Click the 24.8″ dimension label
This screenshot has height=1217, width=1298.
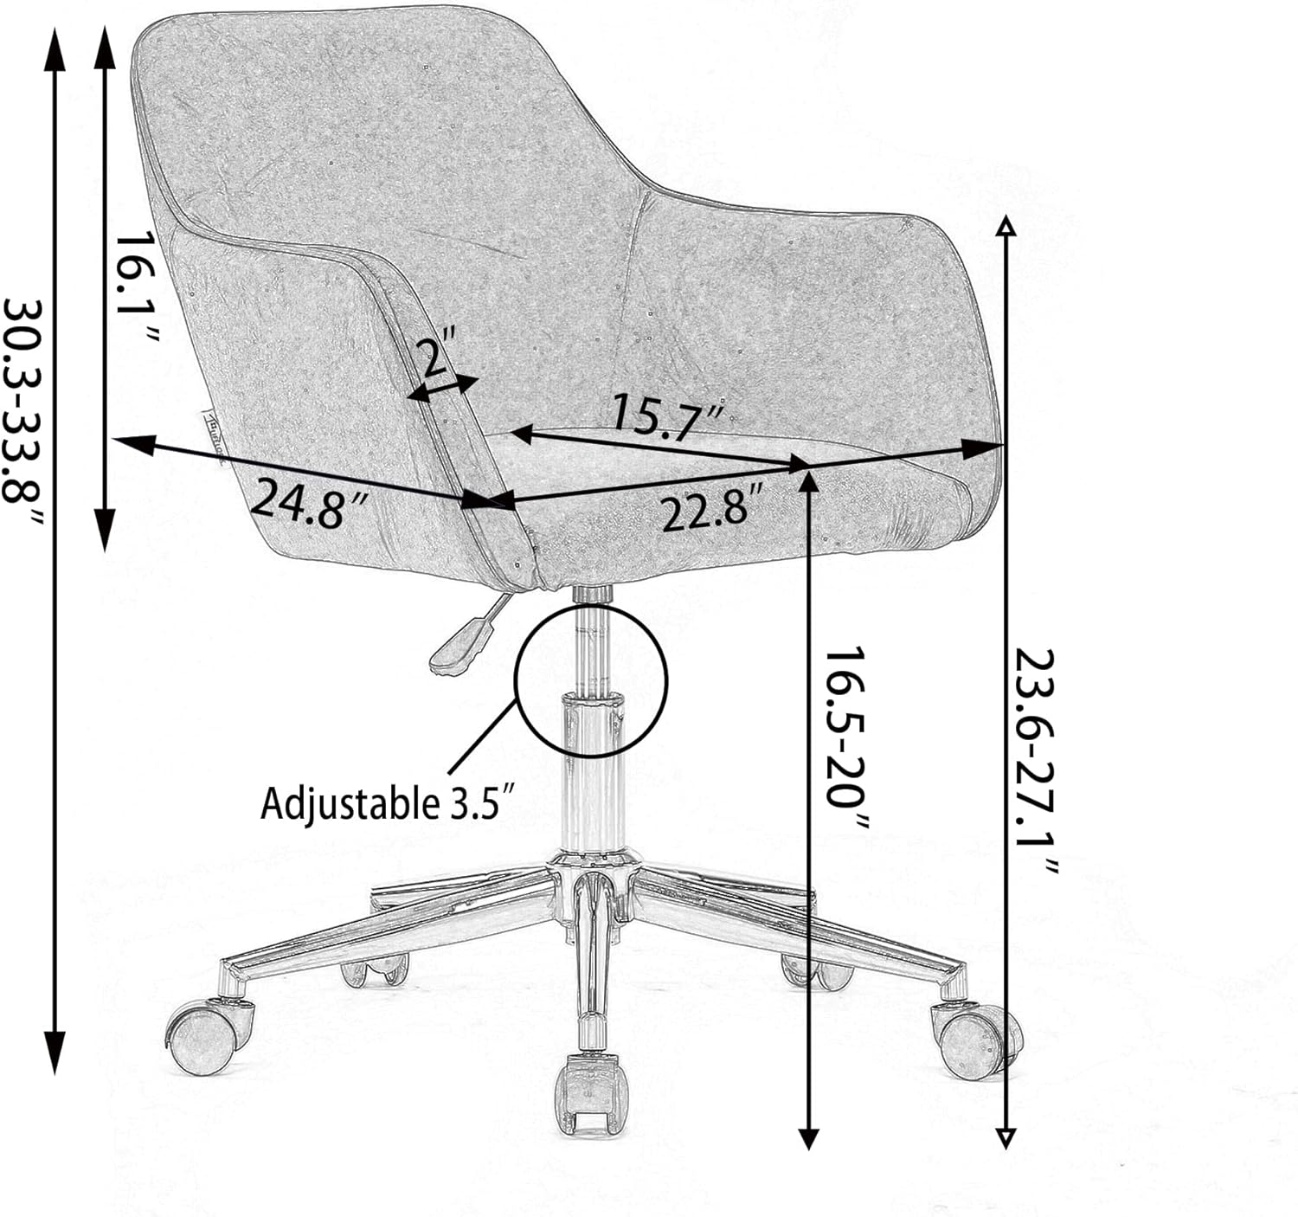[308, 501]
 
